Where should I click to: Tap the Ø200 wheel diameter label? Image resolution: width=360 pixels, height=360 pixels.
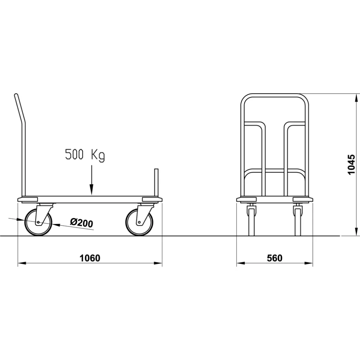(x=82, y=223)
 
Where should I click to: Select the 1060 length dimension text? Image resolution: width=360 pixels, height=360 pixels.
(x=90, y=258)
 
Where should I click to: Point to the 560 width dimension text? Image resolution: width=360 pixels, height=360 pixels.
(x=275, y=258)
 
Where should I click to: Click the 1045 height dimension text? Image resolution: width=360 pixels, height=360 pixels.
(x=352, y=165)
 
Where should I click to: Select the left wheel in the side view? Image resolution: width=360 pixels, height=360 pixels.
(x=38, y=222)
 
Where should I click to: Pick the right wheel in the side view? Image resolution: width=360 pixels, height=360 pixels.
(x=139, y=222)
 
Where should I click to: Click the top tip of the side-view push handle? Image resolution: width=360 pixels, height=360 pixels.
(x=15, y=95)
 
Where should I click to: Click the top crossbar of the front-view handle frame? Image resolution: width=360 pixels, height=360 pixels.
(x=274, y=95)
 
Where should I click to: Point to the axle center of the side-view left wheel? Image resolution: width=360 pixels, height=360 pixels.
(x=38, y=222)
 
